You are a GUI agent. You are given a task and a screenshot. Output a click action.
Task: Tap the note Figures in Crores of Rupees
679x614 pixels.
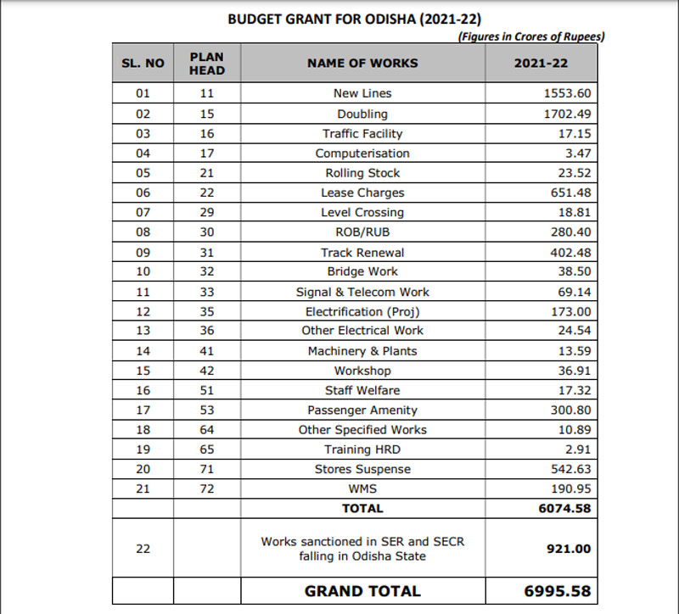[x=530, y=36]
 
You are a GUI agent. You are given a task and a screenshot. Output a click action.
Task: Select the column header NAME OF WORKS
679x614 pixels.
[x=362, y=63]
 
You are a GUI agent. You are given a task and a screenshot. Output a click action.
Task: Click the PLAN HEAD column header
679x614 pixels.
[x=206, y=63]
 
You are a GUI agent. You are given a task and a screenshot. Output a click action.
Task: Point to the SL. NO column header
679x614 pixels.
[x=143, y=64]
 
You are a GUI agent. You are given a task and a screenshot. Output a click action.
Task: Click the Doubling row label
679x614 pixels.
[x=362, y=114]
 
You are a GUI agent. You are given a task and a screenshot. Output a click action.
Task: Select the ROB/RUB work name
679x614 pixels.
[x=362, y=232]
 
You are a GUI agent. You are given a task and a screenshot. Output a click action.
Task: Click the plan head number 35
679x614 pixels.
[x=206, y=311]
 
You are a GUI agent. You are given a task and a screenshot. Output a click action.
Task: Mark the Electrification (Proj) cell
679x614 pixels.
[x=362, y=311]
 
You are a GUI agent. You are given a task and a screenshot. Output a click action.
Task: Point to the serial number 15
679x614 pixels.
[x=143, y=371]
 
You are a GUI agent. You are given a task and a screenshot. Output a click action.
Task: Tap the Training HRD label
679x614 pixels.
[x=362, y=449]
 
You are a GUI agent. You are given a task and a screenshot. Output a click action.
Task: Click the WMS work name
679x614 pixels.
[x=362, y=489]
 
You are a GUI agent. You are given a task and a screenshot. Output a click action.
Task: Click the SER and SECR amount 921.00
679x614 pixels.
[x=568, y=549]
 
